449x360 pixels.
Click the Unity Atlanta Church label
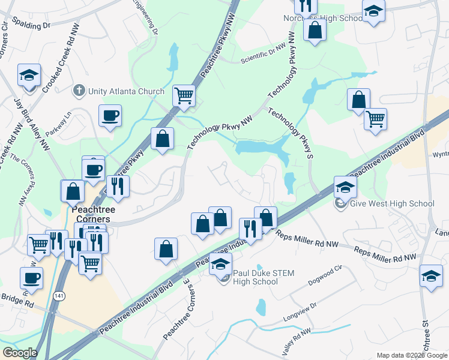point(126,91)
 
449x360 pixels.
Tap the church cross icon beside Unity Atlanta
point(78,91)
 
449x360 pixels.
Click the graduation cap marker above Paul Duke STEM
point(221,264)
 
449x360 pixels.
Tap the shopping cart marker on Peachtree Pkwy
point(184,95)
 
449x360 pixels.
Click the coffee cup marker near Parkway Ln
point(110,115)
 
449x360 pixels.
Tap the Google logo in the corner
point(20,353)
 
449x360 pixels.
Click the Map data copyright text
point(411,355)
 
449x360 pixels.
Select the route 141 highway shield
point(58,297)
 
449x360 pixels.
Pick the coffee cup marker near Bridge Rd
point(31,278)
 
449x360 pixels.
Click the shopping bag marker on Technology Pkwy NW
point(162,139)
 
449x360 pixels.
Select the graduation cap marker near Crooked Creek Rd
point(29,75)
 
